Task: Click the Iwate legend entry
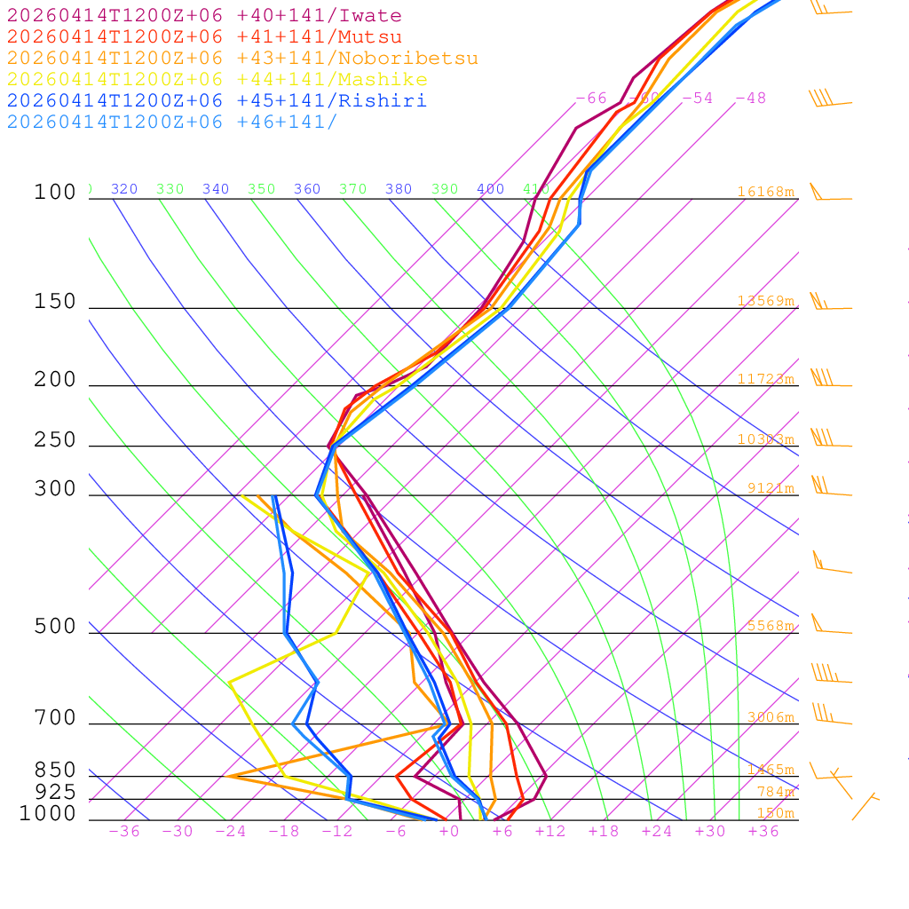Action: click(204, 16)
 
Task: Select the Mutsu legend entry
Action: click(204, 37)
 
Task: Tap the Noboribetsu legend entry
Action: click(242, 59)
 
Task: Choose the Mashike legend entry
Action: click(217, 80)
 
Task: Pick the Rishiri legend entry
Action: click(217, 100)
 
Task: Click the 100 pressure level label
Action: click(55, 193)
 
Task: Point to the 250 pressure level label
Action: click(55, 440)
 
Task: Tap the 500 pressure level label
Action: click(55, 628)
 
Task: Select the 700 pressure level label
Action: click(55, 718)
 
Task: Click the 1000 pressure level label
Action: click(47, 814)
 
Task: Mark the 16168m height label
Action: click(765, 192)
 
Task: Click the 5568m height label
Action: click(770, 626)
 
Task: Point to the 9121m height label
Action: click(770, 488)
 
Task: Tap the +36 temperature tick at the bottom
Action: click(763, 831)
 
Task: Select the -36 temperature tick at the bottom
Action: click(123, 831)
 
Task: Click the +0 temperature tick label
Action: click(448, 831)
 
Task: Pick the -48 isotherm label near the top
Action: click(750, 99)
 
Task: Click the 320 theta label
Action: click(124, 189)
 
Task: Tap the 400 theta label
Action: click(490, 189)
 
